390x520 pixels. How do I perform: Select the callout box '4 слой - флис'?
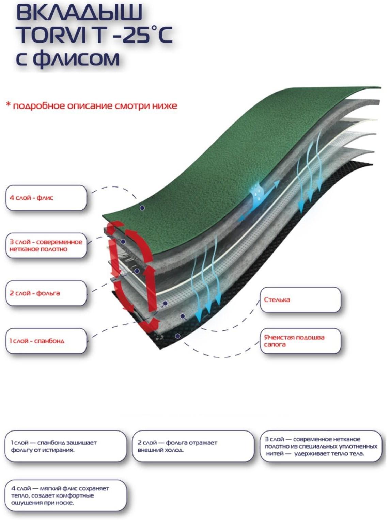46,198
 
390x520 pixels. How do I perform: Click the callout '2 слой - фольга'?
46,293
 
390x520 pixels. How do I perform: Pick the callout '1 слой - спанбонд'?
46,341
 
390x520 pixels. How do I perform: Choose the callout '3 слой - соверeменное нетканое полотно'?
46,245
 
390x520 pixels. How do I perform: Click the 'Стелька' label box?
300,300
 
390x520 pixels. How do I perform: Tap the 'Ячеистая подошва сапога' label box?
300,341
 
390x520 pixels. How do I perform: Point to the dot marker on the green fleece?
142,208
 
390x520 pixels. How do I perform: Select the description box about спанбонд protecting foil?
65,446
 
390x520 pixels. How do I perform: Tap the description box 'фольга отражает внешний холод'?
193,446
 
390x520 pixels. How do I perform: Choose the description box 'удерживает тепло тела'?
321,446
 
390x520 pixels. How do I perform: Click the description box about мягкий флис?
65,495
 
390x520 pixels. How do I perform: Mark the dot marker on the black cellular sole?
177,336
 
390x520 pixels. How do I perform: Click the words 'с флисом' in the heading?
68,58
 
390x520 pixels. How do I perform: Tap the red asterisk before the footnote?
8,104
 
